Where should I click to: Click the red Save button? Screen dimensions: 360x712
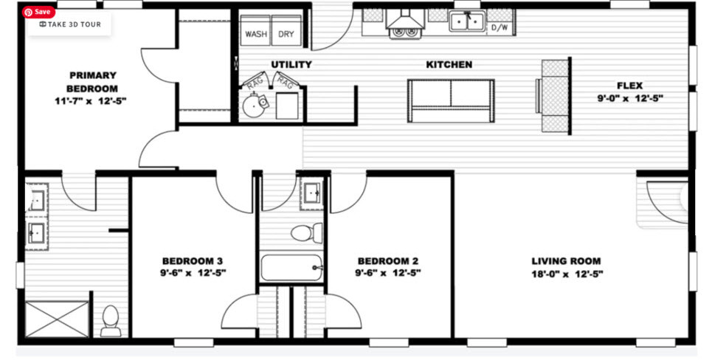tap(38, 12)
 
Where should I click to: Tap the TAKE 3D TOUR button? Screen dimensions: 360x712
tap(70, 24)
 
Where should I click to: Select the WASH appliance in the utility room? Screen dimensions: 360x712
tap(255, 33)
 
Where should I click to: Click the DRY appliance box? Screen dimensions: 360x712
tap(286, 33)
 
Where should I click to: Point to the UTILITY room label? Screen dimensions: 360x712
tap(291, 65)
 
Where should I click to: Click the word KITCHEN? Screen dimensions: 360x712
tap(449, 65)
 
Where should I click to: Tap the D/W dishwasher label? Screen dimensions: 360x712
tap(500, 28)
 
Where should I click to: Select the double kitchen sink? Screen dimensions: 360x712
tap(467, 21)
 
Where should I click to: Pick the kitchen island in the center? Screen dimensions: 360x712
tap(451, 100)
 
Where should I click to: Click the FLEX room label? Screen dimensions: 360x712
tap(629, 86)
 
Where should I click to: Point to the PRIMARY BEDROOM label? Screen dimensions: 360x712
tap(92, 81)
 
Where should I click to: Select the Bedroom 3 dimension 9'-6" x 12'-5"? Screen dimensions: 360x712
tap(193, 272)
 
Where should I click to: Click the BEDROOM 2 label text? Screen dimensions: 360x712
tap(388, 260)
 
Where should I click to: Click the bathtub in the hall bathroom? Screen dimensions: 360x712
tap(291, 267)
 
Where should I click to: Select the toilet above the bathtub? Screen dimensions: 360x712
tap(306, 233)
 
